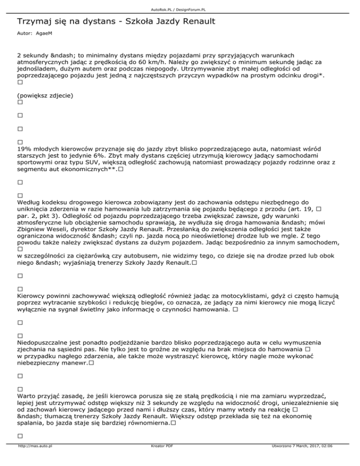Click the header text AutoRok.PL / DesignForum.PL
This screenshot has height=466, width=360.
click(180, 4)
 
